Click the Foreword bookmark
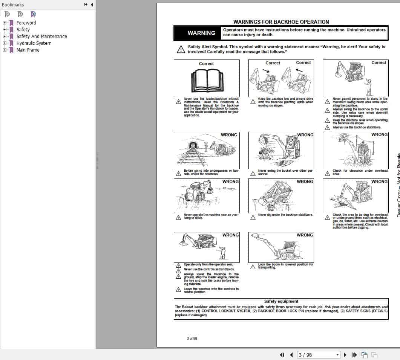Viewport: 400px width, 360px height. coord(26,23)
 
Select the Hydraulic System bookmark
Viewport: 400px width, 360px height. coord(34,43)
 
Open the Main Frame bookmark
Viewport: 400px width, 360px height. coord(28,50)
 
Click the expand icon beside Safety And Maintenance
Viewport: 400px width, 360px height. coord(5,36)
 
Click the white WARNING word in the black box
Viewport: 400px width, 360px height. coord(201,33)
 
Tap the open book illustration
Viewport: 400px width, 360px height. coord(207,80)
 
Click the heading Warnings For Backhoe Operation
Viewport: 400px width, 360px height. coord(281,22)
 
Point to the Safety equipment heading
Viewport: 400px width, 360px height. coord(281,301)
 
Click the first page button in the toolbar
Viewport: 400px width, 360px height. coord(282,355)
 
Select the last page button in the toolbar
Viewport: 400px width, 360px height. coord(354,355)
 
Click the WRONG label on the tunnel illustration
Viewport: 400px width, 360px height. coord(229,135)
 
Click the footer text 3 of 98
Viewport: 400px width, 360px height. coord(192,338)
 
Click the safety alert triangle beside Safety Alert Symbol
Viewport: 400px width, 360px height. coord(181,49)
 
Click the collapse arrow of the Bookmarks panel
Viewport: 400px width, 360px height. coord(92,5)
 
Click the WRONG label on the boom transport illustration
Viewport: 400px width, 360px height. coord(305,235)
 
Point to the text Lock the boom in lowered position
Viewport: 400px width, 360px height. coord(285,265)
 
